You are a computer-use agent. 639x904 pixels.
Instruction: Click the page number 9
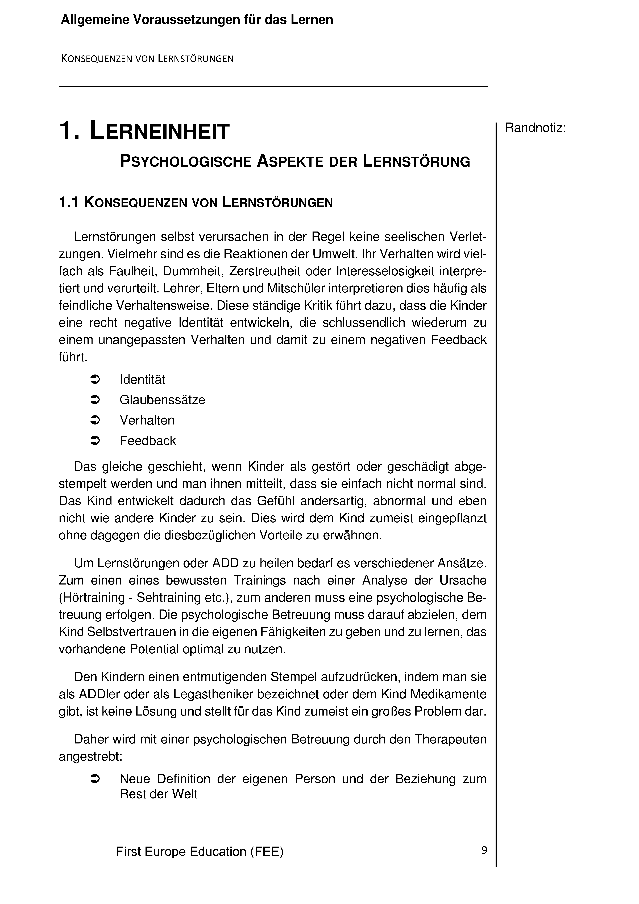pos(484,850)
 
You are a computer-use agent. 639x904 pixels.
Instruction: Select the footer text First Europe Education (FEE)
pos(200,852)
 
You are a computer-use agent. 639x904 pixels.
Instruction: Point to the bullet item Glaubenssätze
pos(162,400)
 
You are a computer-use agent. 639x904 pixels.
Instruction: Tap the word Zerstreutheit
pos(267,271)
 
